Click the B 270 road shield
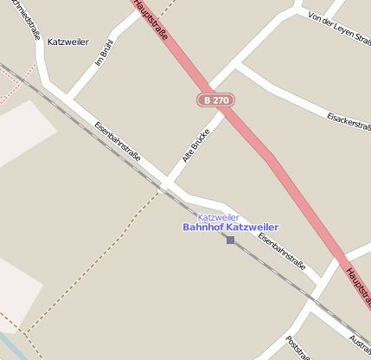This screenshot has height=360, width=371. tap(215, 100)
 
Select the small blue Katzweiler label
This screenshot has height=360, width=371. tap(218, 216)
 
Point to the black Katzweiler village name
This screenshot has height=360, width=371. tap(68, 42)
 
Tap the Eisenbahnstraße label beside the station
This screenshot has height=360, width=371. tap(282, 254)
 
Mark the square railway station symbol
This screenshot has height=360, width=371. tap(230, 240)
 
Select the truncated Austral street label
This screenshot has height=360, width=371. tap(358, 343)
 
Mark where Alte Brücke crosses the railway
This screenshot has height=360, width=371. tap(164, 187)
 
